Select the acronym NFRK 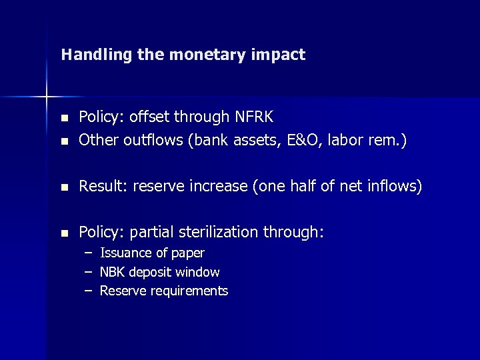point(253,117)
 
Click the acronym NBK point(111,272)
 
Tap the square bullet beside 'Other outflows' point(64,142)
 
